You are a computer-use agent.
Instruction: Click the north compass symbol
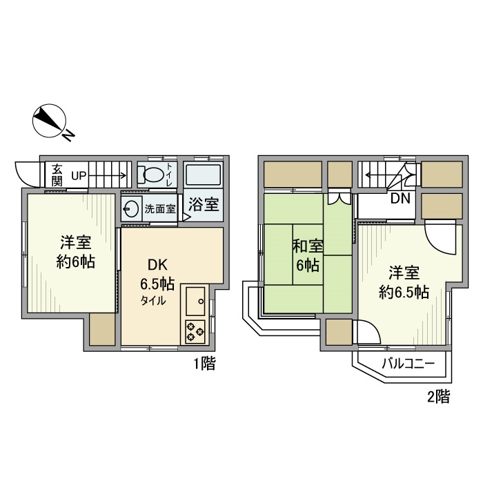click(x=50, y=121)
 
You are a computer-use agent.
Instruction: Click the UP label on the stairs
click(x=78, y=175)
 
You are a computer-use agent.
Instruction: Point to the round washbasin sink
click(x=131, y=208)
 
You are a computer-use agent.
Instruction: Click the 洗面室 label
click(x=159, y=208)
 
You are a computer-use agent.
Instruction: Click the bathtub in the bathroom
click(x=204, y=174)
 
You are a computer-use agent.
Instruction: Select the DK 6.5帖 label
click(x=157, y=274)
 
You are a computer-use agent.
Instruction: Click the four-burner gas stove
click(x=195, y=331)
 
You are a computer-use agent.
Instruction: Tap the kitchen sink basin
click(x=195, y=301)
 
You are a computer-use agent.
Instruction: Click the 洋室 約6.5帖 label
click(x=404, y=282)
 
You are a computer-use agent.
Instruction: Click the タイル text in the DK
click(x=153, y=301)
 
